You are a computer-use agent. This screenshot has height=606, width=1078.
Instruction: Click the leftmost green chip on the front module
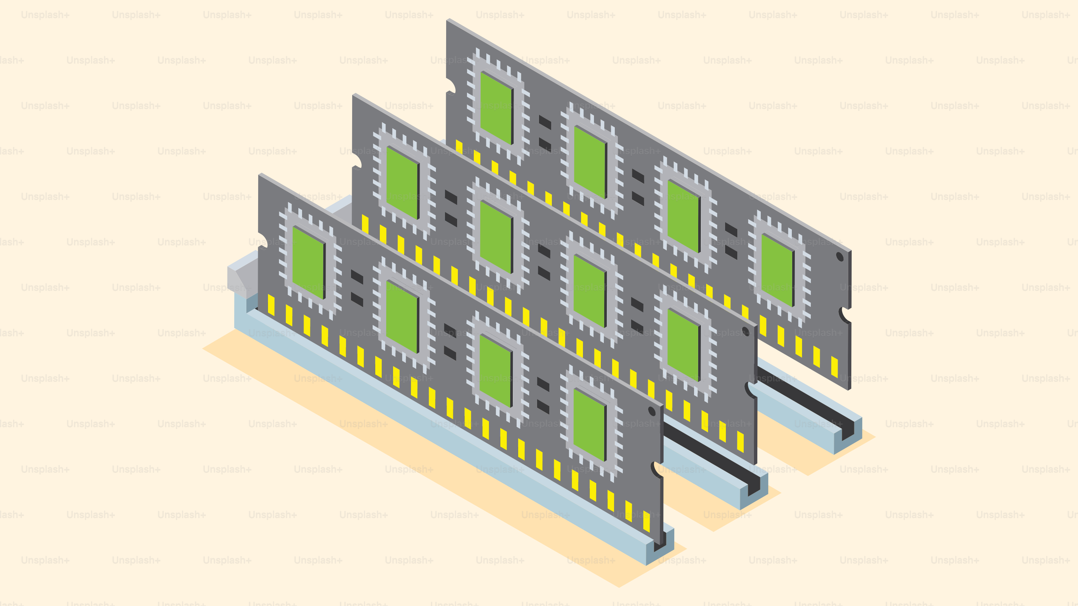309,262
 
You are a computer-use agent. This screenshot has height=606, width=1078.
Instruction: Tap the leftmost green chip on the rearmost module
496,108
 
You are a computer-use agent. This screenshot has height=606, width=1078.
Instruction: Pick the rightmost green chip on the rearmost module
777,270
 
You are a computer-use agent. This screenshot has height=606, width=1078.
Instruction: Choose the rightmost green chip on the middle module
683,345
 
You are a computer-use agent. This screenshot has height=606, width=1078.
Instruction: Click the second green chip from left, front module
402,317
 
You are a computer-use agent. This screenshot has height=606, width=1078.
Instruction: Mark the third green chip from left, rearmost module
683,216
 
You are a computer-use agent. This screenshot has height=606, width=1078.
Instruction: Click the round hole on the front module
652,411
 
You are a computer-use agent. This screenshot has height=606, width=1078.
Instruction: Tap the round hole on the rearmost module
840,257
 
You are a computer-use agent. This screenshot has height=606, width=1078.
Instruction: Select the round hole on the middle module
746,332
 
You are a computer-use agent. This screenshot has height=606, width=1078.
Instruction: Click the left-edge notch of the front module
263,241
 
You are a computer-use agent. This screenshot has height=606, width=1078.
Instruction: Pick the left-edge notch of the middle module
357,161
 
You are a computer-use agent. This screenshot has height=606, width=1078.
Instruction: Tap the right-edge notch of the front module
657,470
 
